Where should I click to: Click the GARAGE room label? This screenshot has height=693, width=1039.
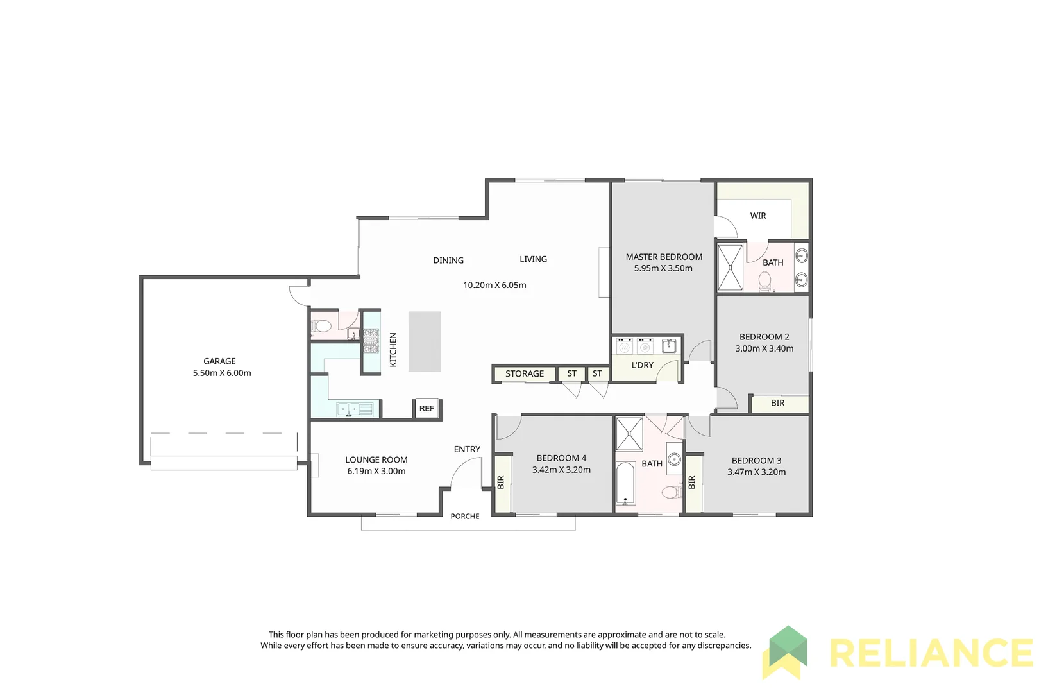pyautogui.click(x=219, y=361)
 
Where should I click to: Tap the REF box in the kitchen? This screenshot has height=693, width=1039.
pyautogui.click(x=427, y=408)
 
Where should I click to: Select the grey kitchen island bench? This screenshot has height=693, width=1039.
pyautogui.click(x=425, y=341)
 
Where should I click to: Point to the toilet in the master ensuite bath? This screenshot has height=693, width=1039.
pyautogui.click(x=764, y=280)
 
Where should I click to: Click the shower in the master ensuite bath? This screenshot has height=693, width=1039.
pyautogui.click(x=730, y=267)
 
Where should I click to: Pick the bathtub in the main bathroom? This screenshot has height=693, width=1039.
pyautogui.click(x=625, y=483)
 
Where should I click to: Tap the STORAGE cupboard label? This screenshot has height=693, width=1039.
pyautogui.click(x=524, y=373)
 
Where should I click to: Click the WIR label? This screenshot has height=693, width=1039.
pyautogui.click(x=758, y=216)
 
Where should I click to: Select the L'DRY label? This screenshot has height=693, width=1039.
pyautogui.click(x=642, y=365)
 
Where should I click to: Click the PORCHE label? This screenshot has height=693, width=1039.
pyautogui.click(x=465, y=516)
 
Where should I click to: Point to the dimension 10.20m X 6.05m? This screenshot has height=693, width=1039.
pyautogui.click(x=494, y=285)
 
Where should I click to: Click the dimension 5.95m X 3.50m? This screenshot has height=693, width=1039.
pyautogui.click(x=663, y=268)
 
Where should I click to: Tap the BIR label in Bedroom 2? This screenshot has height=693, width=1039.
pyautogui.click(x=777, y=403)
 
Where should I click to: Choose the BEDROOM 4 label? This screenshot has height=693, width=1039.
pyautogui.click(x=561, y=458)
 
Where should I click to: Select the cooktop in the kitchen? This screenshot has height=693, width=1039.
pyautogui.click(x=371, y=341)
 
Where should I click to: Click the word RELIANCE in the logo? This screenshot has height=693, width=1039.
pyautogui.click(x=930, y=653)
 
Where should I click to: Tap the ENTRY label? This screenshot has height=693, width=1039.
pyautogui.click(x=467, y=449)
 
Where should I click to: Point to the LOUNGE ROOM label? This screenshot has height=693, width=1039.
pyautogui.click(x=376, y=459)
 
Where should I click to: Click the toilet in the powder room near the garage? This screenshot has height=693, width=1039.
pyautogui.click(x=323, y=327)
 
